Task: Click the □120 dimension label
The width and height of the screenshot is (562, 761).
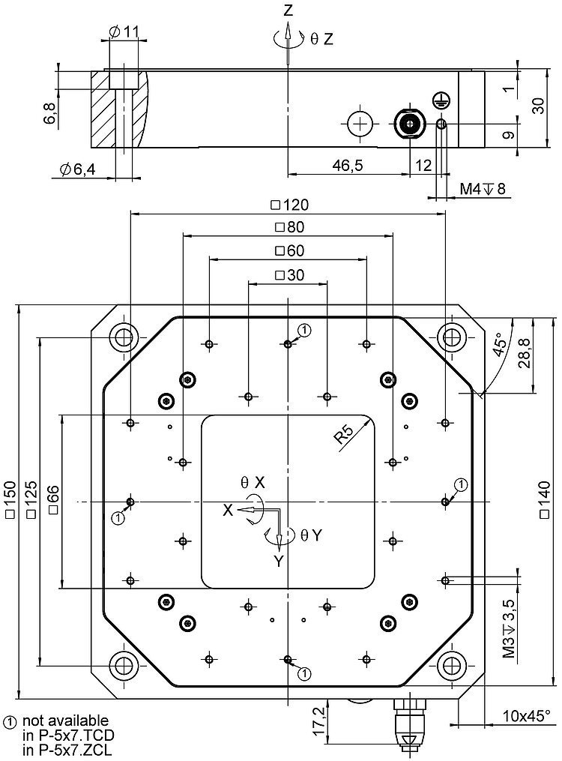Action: tap(289, 205)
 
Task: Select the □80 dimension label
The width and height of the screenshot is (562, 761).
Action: tap(289, 227)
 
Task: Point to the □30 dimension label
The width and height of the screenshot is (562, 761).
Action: tap(289, 275)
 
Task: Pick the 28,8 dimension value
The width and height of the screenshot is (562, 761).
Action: tap(524, 353)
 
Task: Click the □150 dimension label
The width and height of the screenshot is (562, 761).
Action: tap(10, 499)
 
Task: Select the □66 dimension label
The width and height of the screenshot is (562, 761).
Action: tap(52, 499)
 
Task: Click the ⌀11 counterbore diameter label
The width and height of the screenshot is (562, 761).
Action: tap(124, 31)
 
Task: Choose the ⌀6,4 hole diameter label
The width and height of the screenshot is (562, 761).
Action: tap(75, 170)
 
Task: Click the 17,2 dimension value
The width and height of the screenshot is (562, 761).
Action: tap(319, 719)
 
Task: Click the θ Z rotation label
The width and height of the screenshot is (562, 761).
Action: tap(321, 38)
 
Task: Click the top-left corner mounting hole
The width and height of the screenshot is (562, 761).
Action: tap(123, 337)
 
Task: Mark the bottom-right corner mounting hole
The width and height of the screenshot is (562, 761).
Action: tap(452, 664)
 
